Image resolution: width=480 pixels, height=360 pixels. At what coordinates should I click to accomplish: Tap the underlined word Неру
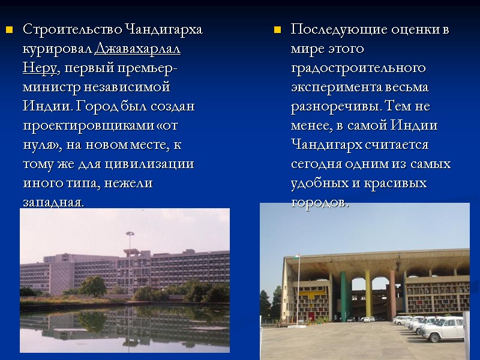(x=40, y=68)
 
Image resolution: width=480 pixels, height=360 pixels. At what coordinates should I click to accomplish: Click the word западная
(x=53, y=202)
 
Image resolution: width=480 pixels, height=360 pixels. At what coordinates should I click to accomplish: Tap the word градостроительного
(x=358, y=68)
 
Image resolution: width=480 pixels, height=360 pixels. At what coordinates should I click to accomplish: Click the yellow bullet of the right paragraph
(x=277, y=29)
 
